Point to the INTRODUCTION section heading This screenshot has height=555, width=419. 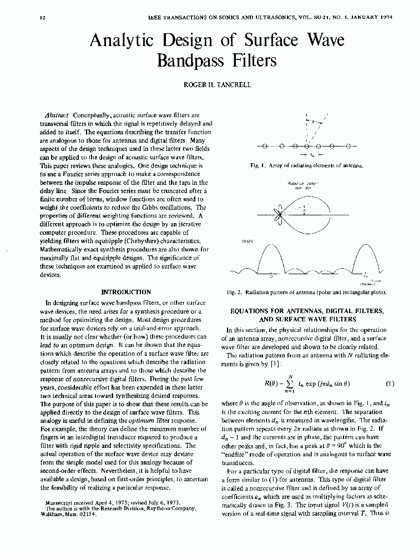[126, 292]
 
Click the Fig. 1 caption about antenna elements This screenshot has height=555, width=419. [307, 165]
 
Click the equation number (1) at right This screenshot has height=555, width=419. [390, 384]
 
